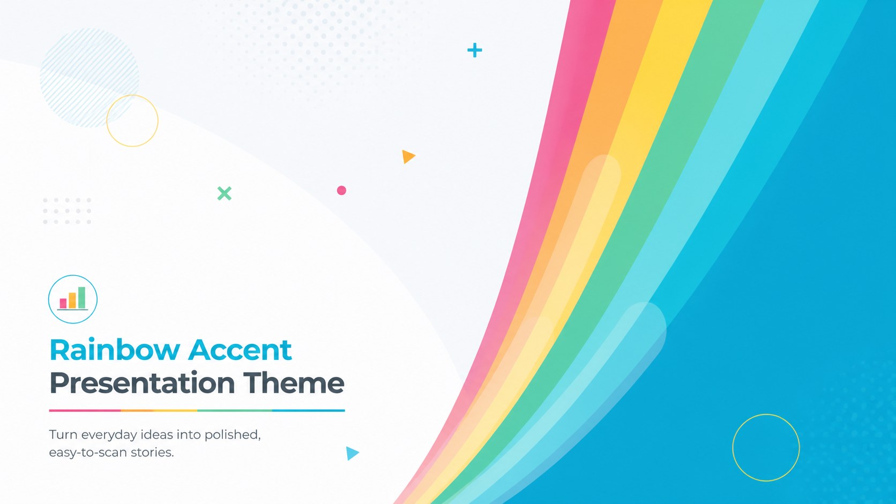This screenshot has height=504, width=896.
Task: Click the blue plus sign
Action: (475, 50)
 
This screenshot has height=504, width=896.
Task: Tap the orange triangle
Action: (408, 157)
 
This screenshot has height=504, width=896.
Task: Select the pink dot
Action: (341, 190)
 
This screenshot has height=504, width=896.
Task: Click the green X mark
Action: (225, 193)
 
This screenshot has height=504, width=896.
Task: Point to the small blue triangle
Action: (352, 454)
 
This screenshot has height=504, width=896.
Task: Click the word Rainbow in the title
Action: (115, 350)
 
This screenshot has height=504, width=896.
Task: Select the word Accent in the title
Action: (240, 350)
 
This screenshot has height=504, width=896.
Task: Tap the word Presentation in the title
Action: (142, 383)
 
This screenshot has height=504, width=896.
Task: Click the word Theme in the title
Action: (294, 383)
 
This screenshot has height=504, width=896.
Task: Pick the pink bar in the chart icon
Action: (63, 303)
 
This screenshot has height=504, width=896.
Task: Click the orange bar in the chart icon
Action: (72, 300)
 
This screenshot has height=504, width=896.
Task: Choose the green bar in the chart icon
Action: (81, 298)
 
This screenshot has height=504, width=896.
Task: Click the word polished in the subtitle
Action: (233, 435)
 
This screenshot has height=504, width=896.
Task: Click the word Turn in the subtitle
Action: (60, 434)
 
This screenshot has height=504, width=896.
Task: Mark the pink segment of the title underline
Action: (85, 410)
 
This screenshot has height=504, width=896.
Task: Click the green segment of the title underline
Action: (235, 410)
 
